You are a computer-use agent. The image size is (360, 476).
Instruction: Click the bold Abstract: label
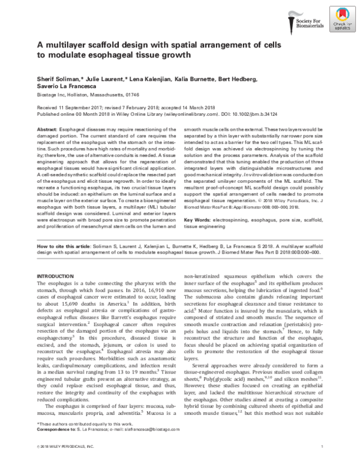(x=50, y=129)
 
